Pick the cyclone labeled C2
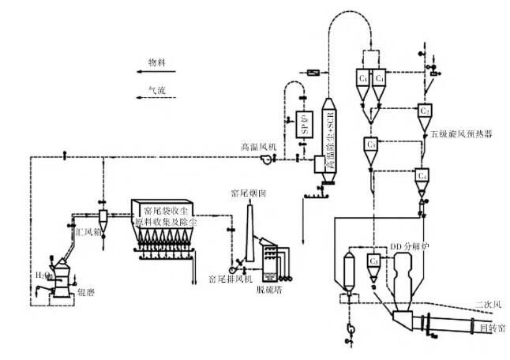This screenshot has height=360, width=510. tap(425, 111)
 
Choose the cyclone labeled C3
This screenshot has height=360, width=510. tap(372, 145)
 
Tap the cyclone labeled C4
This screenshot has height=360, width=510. tap(423, 174)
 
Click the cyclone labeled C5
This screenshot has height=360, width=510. tap(375, 260)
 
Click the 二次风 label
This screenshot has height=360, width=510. tap(488, 303)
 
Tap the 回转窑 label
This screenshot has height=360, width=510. tap(493, 326)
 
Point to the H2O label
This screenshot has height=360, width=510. tap(41, 274)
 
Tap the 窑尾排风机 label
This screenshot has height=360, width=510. tap(230, 279)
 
